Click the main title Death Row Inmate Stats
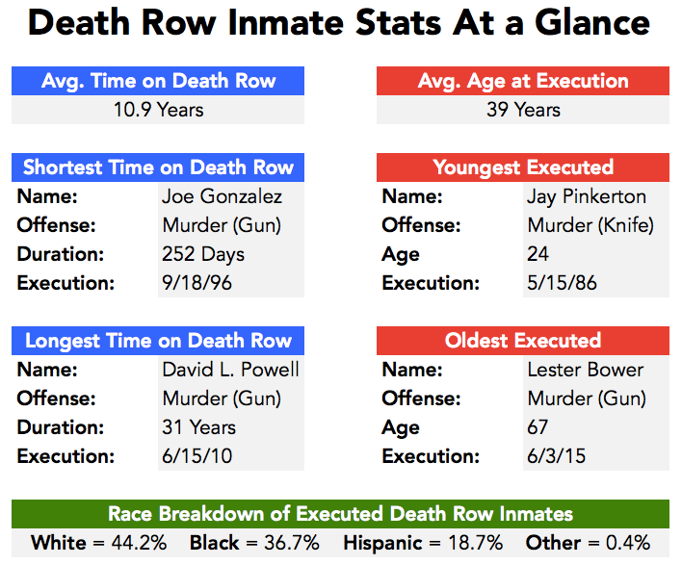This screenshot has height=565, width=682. (340, 24)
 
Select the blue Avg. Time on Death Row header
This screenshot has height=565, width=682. (158, 81)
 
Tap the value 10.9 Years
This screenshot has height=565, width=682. (158, 109)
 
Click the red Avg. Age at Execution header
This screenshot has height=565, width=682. (523, 81)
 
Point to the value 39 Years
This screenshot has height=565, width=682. (523, 109)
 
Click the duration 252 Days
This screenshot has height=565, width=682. (203, 255)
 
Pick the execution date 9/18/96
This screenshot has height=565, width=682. (197, 284)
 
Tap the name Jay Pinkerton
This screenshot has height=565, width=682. (587, 196)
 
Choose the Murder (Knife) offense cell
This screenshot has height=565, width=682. (590, 226)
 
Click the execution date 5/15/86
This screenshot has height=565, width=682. (563, 284)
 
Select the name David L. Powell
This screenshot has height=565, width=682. (230, 370)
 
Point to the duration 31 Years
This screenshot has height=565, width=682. (198, 427)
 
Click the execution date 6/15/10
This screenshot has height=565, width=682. (197, 456)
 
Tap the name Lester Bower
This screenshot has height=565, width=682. (586, 370)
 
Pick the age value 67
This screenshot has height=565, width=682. (538, 427)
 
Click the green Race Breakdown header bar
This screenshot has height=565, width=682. (340, 514)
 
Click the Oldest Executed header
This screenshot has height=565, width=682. (523, 341)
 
